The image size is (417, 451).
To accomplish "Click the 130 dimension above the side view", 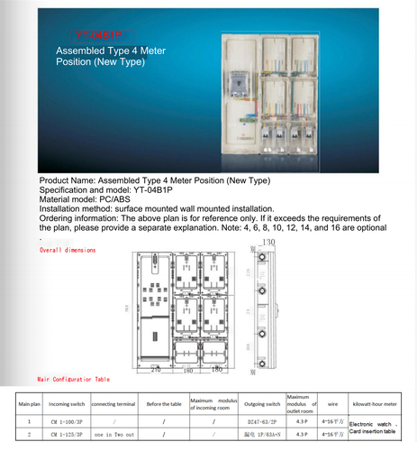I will click(268, 242).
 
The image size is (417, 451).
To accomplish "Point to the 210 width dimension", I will click(155, 370).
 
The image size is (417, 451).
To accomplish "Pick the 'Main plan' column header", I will click(28, 402).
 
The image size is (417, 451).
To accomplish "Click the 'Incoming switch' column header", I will click(66, 402).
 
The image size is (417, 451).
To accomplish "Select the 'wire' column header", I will click(332, 402).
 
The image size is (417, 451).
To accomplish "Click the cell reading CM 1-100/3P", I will click(66, 420).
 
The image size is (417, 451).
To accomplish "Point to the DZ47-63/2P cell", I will click(263, 420).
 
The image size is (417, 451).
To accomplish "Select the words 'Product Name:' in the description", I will click(68, 181).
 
